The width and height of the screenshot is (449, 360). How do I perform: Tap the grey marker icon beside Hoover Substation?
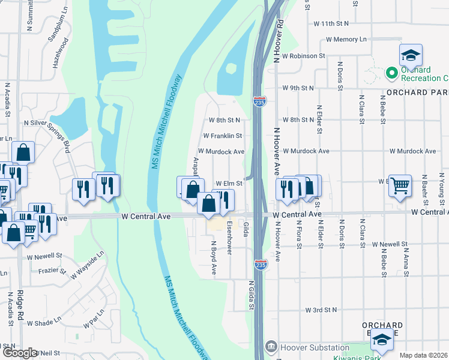click(271, 347)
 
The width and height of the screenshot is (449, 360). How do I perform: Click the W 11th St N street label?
click(331, 23)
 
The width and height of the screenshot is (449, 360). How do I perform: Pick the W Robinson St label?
click(303, 55)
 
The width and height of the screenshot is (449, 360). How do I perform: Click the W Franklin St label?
click(222, 136)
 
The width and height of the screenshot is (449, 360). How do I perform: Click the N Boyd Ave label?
click(213, 258)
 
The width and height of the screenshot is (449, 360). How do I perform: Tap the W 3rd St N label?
click(321, 310)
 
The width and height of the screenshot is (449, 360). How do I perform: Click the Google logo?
click(20, 353)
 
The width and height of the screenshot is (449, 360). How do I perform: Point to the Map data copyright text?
click(424, 355)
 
